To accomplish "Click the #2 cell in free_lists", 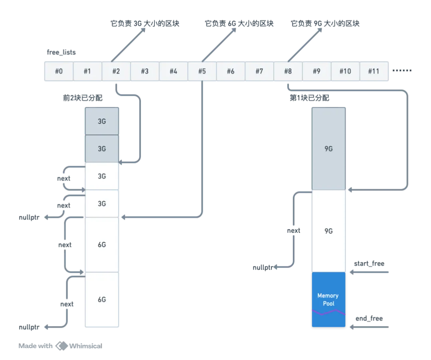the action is [116, 71].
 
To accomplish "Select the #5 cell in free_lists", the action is [202, 71].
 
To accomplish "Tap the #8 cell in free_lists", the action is [288, 71].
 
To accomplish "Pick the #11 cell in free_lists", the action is [374, 71].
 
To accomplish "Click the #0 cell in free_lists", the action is [59, 71].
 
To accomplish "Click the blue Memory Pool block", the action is [328, 300].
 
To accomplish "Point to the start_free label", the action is [369, 263].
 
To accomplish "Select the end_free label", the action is [369, 318].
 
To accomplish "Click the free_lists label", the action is [61, 52].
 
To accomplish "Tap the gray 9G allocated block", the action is [328, 149].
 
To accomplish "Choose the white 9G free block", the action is [328, 231].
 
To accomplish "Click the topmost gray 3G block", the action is [102, 121].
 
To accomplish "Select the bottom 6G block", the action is [102, 300].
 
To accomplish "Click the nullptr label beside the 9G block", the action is [263, 267].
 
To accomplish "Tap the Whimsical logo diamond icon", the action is [61, 346].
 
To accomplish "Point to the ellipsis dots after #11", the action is [402, 71].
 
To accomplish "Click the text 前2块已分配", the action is [83, 98].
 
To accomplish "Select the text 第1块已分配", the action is [310, 98].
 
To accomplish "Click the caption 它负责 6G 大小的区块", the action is [239, 24].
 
